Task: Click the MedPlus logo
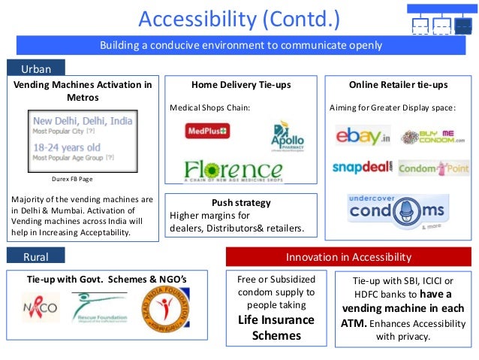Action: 207,131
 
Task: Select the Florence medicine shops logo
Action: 234,170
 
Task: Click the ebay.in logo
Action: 363,137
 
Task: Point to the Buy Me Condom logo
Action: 432,137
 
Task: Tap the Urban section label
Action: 36,68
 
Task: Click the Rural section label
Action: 36,257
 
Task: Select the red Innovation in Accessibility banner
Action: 348,257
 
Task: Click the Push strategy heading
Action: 241,203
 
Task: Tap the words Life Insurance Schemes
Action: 276,328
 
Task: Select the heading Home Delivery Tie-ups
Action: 241,86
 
